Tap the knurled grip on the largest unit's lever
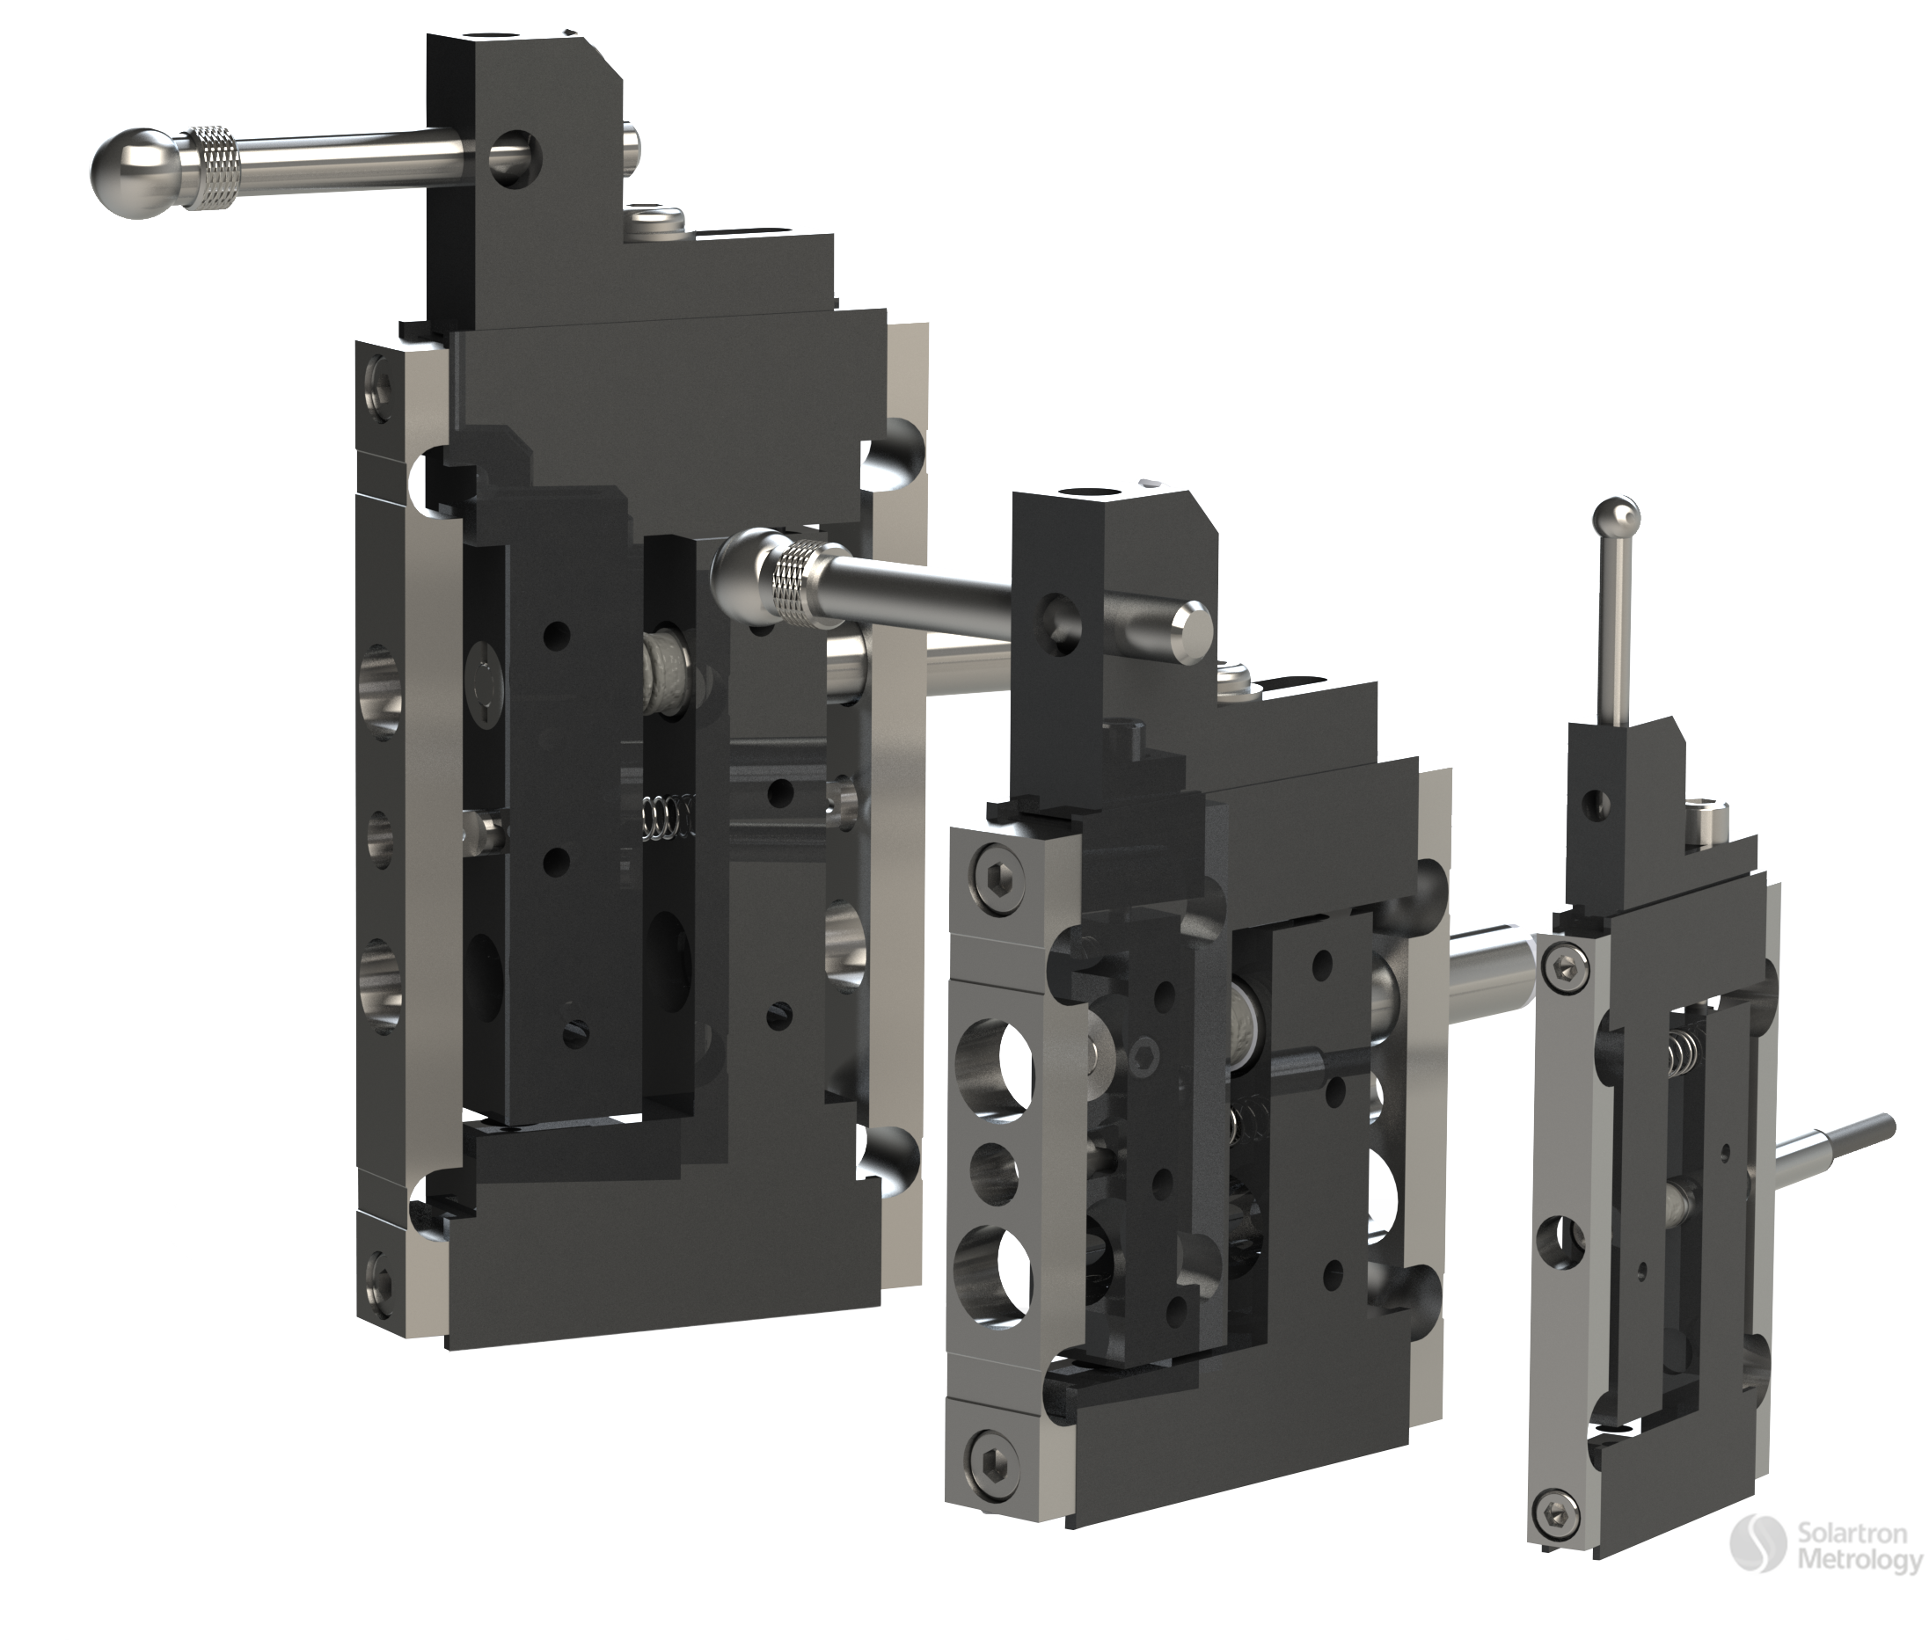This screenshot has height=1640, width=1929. [214, 166]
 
